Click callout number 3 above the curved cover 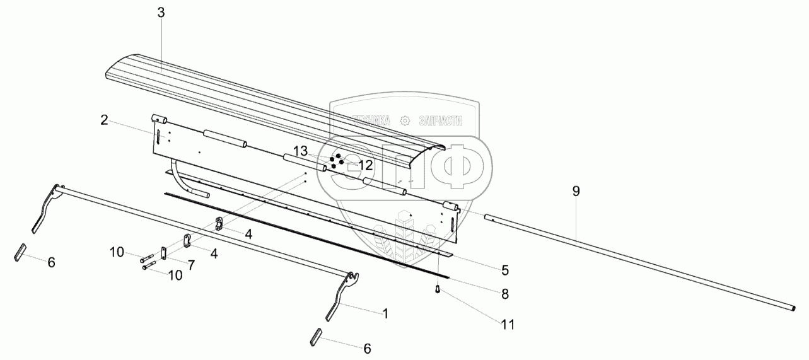161,13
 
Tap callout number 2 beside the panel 104,120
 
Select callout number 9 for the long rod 576,191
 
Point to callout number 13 300,151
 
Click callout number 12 366,165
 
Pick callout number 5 505,270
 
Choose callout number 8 505,294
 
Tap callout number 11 508,325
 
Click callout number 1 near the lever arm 385,314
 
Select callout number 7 191,265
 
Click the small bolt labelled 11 438,289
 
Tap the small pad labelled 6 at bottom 316,337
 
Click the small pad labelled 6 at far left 21,252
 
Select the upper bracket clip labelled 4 219,224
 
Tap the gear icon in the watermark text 405,120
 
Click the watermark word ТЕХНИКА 371,120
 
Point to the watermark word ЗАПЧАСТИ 441,120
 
